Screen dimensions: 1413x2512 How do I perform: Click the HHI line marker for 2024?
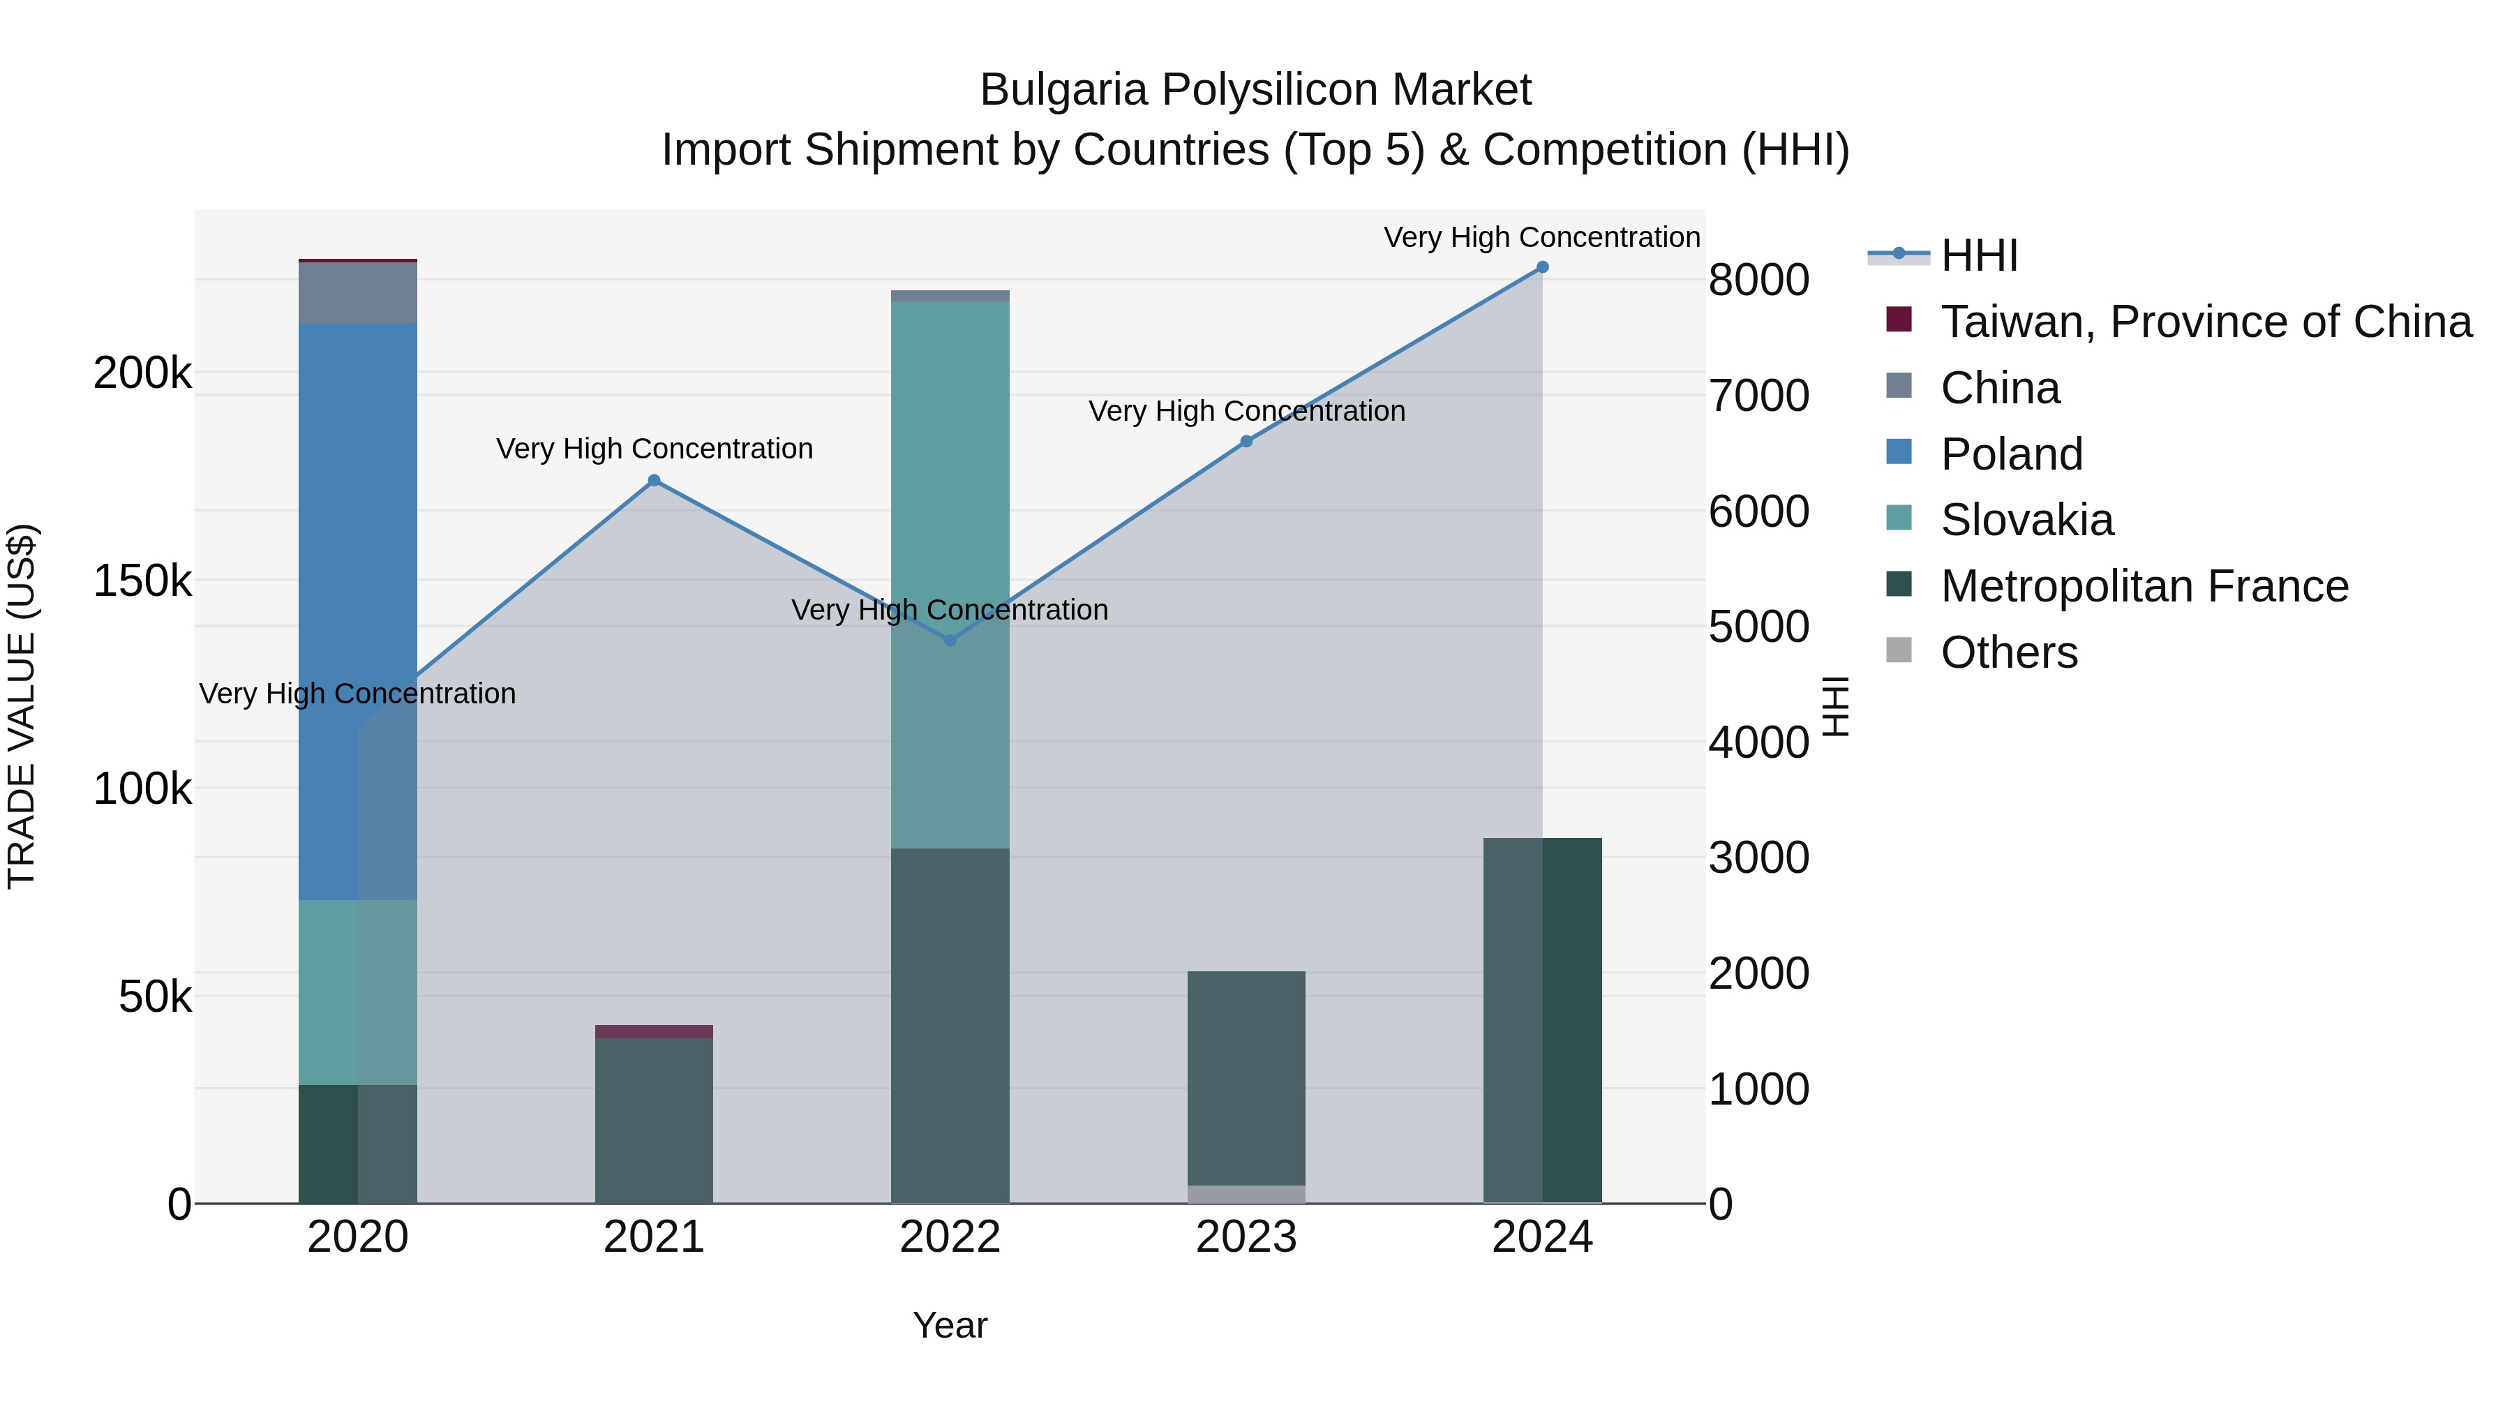(x=1541, y=267)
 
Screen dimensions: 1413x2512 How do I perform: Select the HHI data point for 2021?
(x=655, y=481)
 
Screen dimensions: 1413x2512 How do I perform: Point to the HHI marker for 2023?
(x=1246, y=442)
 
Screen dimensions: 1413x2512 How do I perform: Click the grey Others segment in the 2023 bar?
(x=1246, y=1194)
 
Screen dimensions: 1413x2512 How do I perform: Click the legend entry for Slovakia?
(x=2026, y=520)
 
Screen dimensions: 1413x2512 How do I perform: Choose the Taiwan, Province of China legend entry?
(x=2206, y=322)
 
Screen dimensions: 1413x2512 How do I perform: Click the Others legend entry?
(x=2009, y=652)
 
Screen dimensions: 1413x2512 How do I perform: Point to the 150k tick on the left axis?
(x=142, y=581)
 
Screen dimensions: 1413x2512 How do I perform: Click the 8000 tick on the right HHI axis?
(x=1758, y=280)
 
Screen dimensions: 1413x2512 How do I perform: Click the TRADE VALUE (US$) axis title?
(x=22, y=706)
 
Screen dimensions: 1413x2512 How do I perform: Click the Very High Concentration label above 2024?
(x=1541, y=237)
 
